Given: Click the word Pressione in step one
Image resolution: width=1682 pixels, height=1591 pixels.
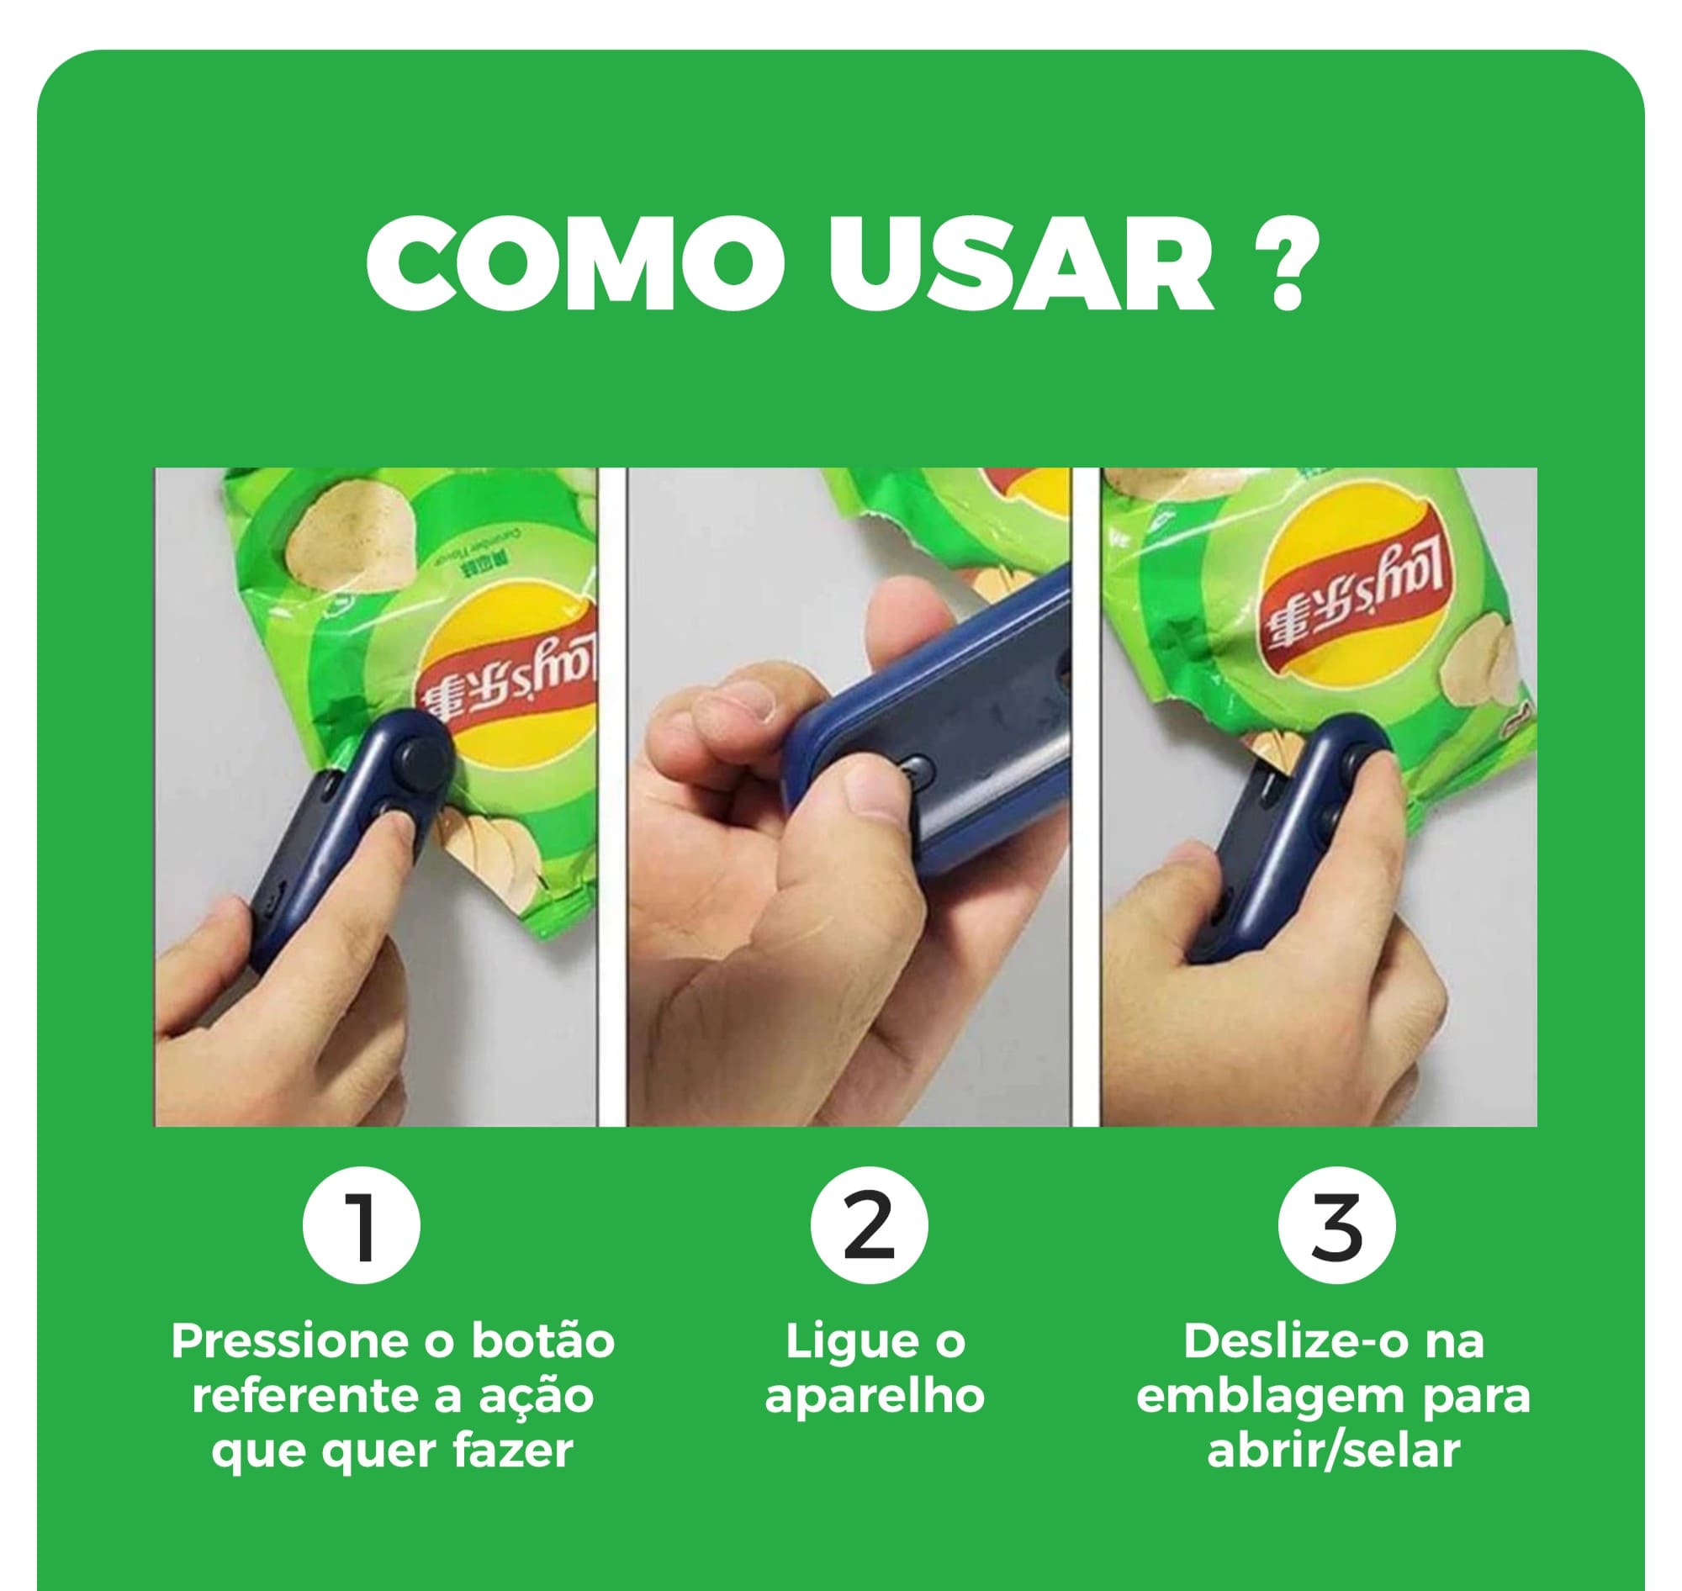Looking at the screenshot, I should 283,1340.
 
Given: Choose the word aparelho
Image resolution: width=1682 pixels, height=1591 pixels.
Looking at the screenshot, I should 875,1396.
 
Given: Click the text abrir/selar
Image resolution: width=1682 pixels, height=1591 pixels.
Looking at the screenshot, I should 1333,1450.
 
